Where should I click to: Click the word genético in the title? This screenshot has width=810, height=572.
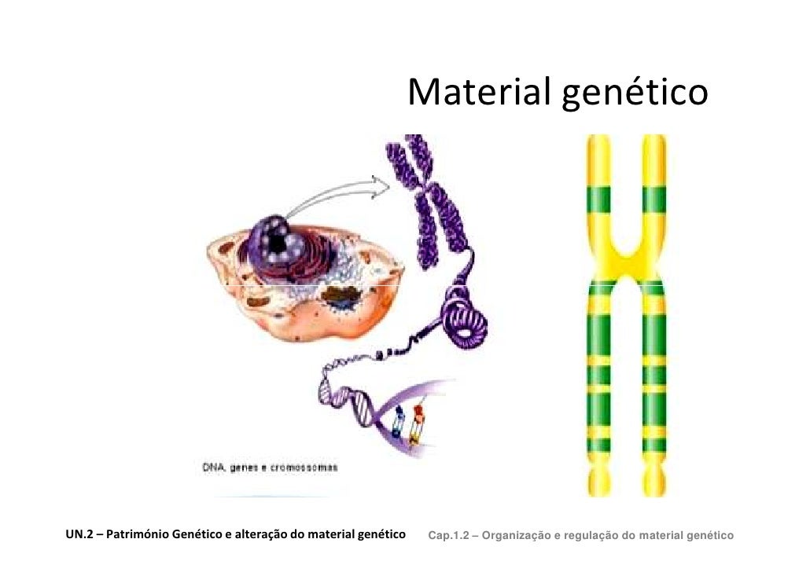[634, 94]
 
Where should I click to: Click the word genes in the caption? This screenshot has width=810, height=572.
[250, 467]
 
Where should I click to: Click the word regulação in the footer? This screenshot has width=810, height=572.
[593, 536]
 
